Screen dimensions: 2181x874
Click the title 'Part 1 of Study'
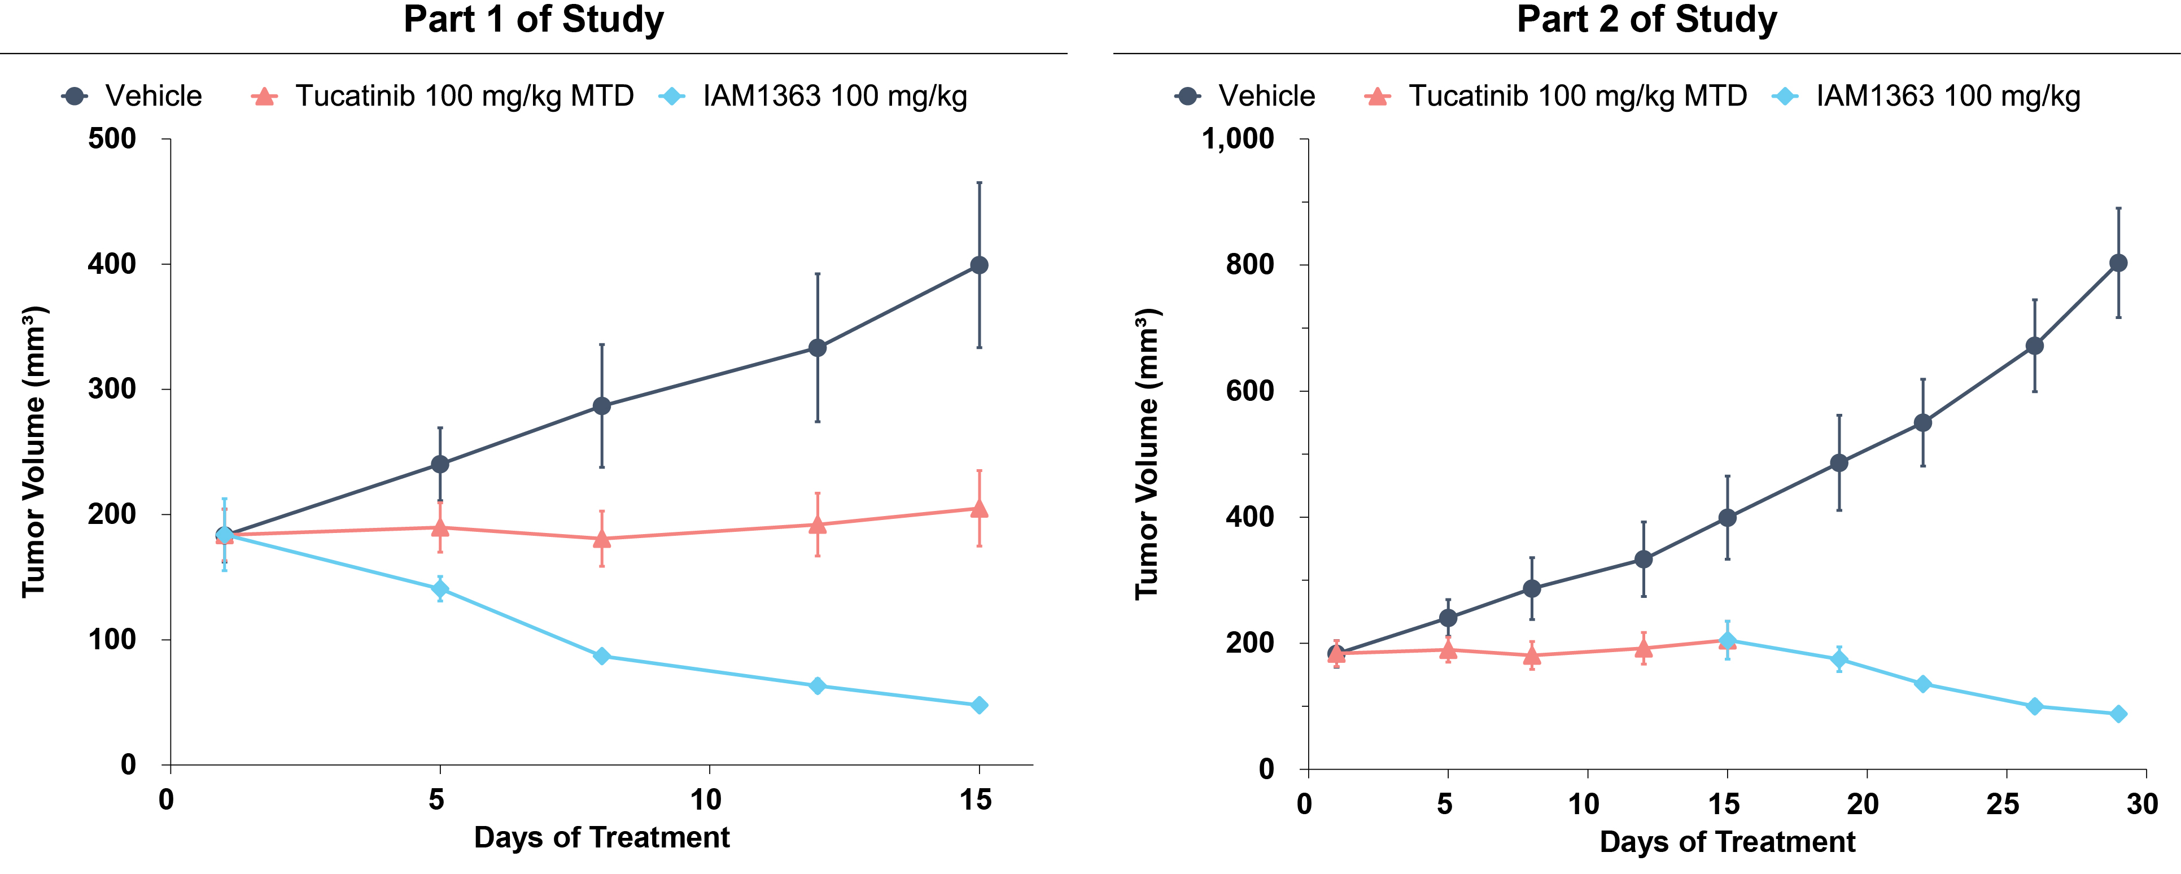pyautogui.click(x=534, y=19)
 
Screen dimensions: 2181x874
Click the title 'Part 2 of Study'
pyautogui.click(x=1647, y=19)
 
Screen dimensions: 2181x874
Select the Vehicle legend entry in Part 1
pyautogui.click(x=132, y=96)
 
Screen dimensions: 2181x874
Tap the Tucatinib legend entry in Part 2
pyautogui.click(x=1555, y=96)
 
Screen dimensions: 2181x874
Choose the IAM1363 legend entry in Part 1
pyautogui.click(x=813, y=96)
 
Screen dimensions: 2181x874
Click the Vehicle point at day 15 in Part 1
pyautogui.click(x=980, y=265)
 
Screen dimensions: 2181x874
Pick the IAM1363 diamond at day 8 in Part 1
pyautogui.click(x=602, y=656)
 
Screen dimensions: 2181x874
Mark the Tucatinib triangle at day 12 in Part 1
pyautogui.click(x=818, y=524)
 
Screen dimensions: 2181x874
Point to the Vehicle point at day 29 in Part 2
pyautogui.click(x=2118, y=263)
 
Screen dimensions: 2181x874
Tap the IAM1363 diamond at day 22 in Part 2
pyautogui.click(x=1923, y=683)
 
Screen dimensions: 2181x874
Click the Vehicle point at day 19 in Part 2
pyautogui.click(x=1839, y=462)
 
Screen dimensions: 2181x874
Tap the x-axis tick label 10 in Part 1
pyautogui.click(x=706, y=799)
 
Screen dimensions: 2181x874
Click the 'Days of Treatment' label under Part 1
pyautogui.click(x=602, y=838)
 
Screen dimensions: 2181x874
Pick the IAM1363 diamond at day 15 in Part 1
pyautogui.click(x=980, y=706)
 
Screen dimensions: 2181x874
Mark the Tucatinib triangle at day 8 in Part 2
pyautogui.click(x=1532, y=655)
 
